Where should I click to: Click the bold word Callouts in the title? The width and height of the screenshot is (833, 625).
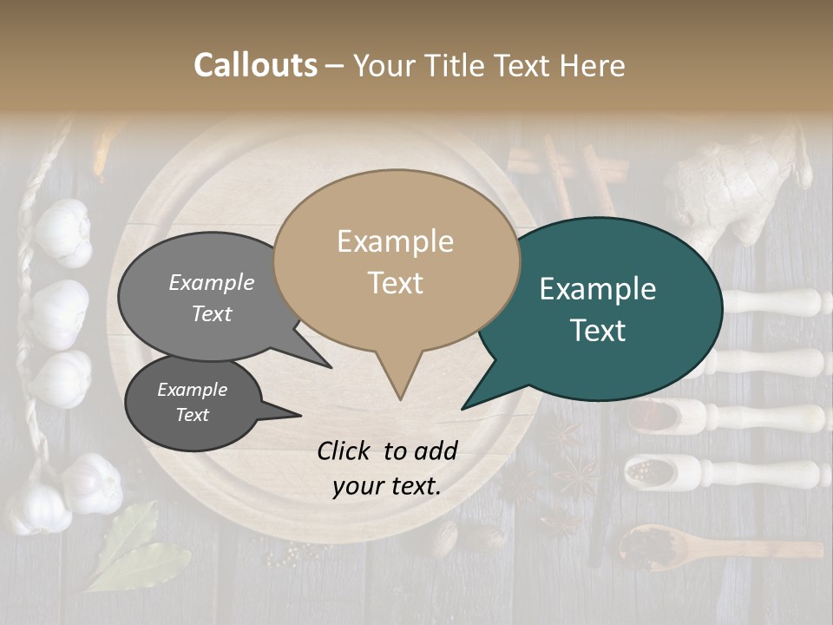point(255,65)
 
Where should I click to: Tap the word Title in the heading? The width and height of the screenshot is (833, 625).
point(461,65)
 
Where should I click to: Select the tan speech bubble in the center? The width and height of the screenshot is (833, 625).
point(396,260)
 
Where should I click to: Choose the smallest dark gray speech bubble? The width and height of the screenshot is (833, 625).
point(192,403)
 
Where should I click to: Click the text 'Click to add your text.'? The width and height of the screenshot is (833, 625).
point(386,468)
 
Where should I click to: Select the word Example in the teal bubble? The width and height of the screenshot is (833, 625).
point(598,289)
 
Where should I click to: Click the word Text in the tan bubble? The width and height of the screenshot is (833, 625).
point(396,283)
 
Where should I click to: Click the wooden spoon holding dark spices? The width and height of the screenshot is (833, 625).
point(659,547)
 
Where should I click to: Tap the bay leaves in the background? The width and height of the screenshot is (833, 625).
point(130,547)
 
